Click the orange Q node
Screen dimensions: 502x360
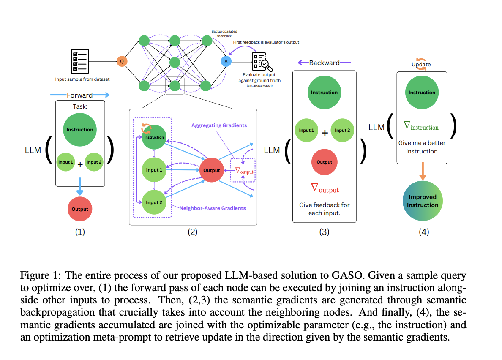tap(122, 61)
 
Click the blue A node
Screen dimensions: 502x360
tap(226, 61)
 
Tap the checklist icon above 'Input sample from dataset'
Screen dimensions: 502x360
tap(80, 61)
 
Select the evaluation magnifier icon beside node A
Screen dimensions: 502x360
tap(262, 62)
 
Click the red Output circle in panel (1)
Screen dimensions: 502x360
tap(80, 209)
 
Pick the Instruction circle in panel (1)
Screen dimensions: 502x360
tap(80, 130)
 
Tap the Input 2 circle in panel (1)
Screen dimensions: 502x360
tap(94, 162)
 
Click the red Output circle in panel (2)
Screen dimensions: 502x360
tap(212, 170)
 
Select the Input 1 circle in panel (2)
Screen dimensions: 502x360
tap(154, 170)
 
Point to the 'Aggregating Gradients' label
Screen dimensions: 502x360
tap(219, 125)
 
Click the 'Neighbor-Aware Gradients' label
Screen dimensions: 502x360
tap(213, 208)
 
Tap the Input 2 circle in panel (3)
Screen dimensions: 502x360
tap(342, 130)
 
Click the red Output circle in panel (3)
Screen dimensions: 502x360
tap(325, 162)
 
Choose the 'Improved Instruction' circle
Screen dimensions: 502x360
tap(423, 201)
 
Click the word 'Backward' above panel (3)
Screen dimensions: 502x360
tap(325, 63)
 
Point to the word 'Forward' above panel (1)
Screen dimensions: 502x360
tap(80, 95)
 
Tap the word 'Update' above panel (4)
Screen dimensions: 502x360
tap(421, 64)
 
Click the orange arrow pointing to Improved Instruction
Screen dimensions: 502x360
tap(423, 171)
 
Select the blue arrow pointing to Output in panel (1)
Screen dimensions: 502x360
tap(80, 186)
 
